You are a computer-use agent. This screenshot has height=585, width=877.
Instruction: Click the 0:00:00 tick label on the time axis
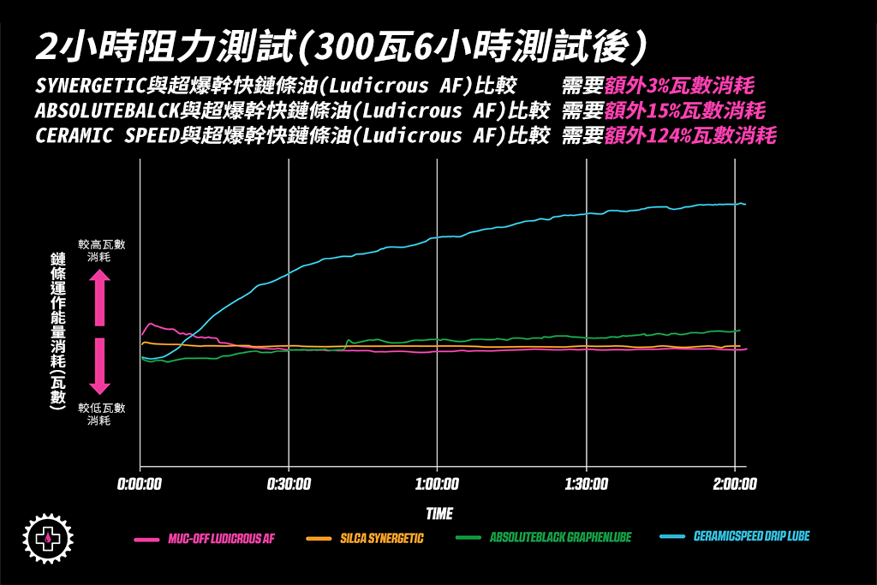140,484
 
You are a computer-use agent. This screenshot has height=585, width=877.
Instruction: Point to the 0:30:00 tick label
289,484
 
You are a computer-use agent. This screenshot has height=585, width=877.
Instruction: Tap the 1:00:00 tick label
438,484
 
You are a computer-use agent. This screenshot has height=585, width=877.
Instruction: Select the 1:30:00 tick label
587,484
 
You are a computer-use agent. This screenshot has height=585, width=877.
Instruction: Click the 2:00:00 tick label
735,484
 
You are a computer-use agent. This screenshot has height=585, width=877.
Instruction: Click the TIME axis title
439,513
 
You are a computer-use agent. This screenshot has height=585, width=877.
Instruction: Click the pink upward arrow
99,297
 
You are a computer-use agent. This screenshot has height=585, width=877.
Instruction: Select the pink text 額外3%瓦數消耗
679,87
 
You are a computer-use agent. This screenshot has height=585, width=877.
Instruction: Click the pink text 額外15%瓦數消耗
684,111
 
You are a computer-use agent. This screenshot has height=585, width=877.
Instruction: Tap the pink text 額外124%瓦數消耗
690,136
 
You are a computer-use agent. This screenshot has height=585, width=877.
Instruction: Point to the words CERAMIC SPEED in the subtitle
108,136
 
